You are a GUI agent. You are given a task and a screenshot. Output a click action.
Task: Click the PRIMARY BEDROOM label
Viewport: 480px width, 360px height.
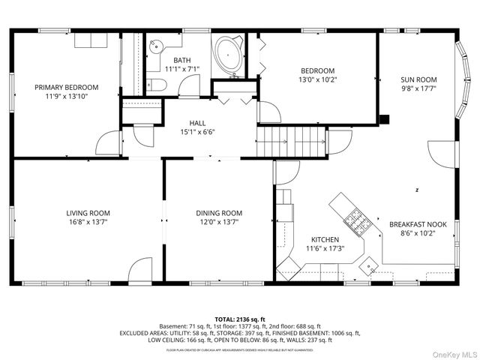tap(66, 87)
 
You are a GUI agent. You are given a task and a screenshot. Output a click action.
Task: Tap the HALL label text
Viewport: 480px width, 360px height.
tap(197, 123)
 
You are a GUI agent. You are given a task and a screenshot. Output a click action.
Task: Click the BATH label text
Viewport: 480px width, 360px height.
tap(181, 60)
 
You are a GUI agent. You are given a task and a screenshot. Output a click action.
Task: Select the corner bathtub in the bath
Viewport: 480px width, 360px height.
tap(228, 57)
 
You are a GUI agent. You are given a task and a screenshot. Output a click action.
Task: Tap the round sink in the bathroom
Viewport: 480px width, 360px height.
tap(154, 46)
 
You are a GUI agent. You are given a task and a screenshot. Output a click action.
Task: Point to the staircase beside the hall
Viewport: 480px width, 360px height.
tap(292, 139)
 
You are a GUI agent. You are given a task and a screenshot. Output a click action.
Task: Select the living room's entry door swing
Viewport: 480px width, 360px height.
tap(140, 271)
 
